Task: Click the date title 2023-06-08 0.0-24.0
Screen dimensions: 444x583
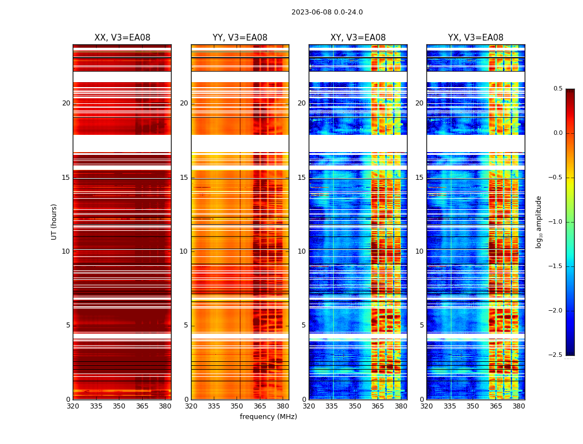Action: [x=327, y=12]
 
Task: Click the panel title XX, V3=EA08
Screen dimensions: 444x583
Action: [x=122, y=38]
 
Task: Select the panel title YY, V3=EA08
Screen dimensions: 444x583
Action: [x=240, y=38]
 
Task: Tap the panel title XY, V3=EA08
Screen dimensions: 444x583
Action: [x=358, y=38]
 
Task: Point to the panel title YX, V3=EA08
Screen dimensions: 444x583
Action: [x=476, y=38]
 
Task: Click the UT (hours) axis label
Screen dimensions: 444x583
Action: [x=54, y=221]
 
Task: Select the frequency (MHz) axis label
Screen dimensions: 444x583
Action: [x=268, y=417]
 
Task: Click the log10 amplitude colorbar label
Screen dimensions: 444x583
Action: [x=539, y=221]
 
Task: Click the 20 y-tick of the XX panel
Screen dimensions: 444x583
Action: [x=66, y=103]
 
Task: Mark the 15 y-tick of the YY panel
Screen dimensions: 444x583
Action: [x=184, y=178]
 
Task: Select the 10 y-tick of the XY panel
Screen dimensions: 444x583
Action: [x=301, y=251]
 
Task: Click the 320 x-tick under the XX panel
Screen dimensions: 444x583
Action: [x=73, y=406]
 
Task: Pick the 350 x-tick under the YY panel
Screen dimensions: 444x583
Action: [x=237, y=406]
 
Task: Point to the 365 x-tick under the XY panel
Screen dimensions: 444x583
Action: [x=378, y=406]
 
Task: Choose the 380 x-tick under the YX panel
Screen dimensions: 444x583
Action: [x=519, y=406]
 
